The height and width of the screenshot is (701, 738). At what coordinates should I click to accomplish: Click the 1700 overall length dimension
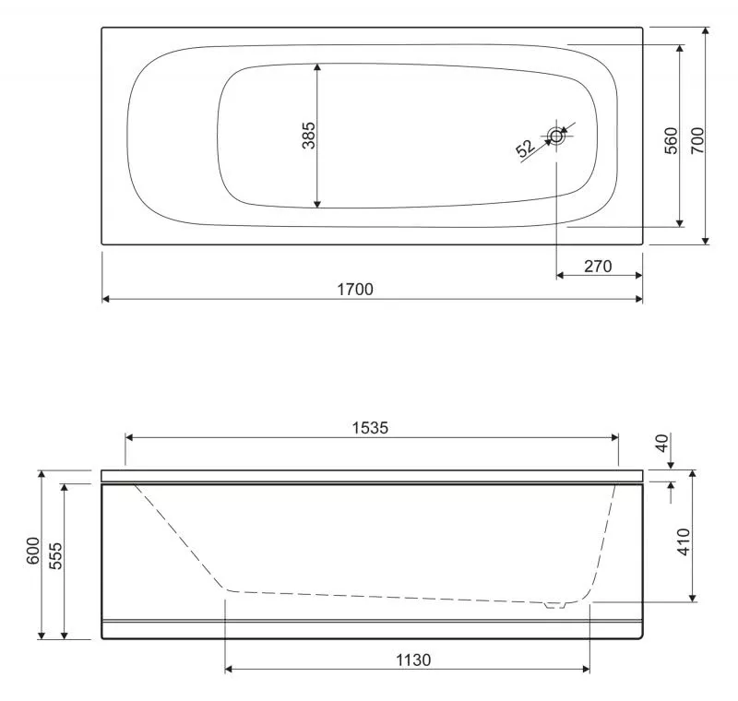click(355, 289)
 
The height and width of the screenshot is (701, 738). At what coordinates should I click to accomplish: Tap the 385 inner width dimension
click(309, 136)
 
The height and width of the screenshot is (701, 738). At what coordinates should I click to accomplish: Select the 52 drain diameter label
click(525, 148)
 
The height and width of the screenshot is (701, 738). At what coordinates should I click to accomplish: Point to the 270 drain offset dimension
click(598, 267)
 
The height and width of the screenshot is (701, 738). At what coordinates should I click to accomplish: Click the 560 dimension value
click(672, 140)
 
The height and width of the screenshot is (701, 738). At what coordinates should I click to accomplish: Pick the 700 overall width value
click(697, 140)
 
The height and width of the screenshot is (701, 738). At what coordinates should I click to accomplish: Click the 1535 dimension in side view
click(371, 428)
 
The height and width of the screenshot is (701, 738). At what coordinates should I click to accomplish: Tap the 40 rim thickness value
click(662, 443)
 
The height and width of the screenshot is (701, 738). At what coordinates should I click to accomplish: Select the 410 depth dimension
click(684, 541)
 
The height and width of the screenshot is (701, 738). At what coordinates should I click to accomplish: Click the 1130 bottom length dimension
click(412, 660)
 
